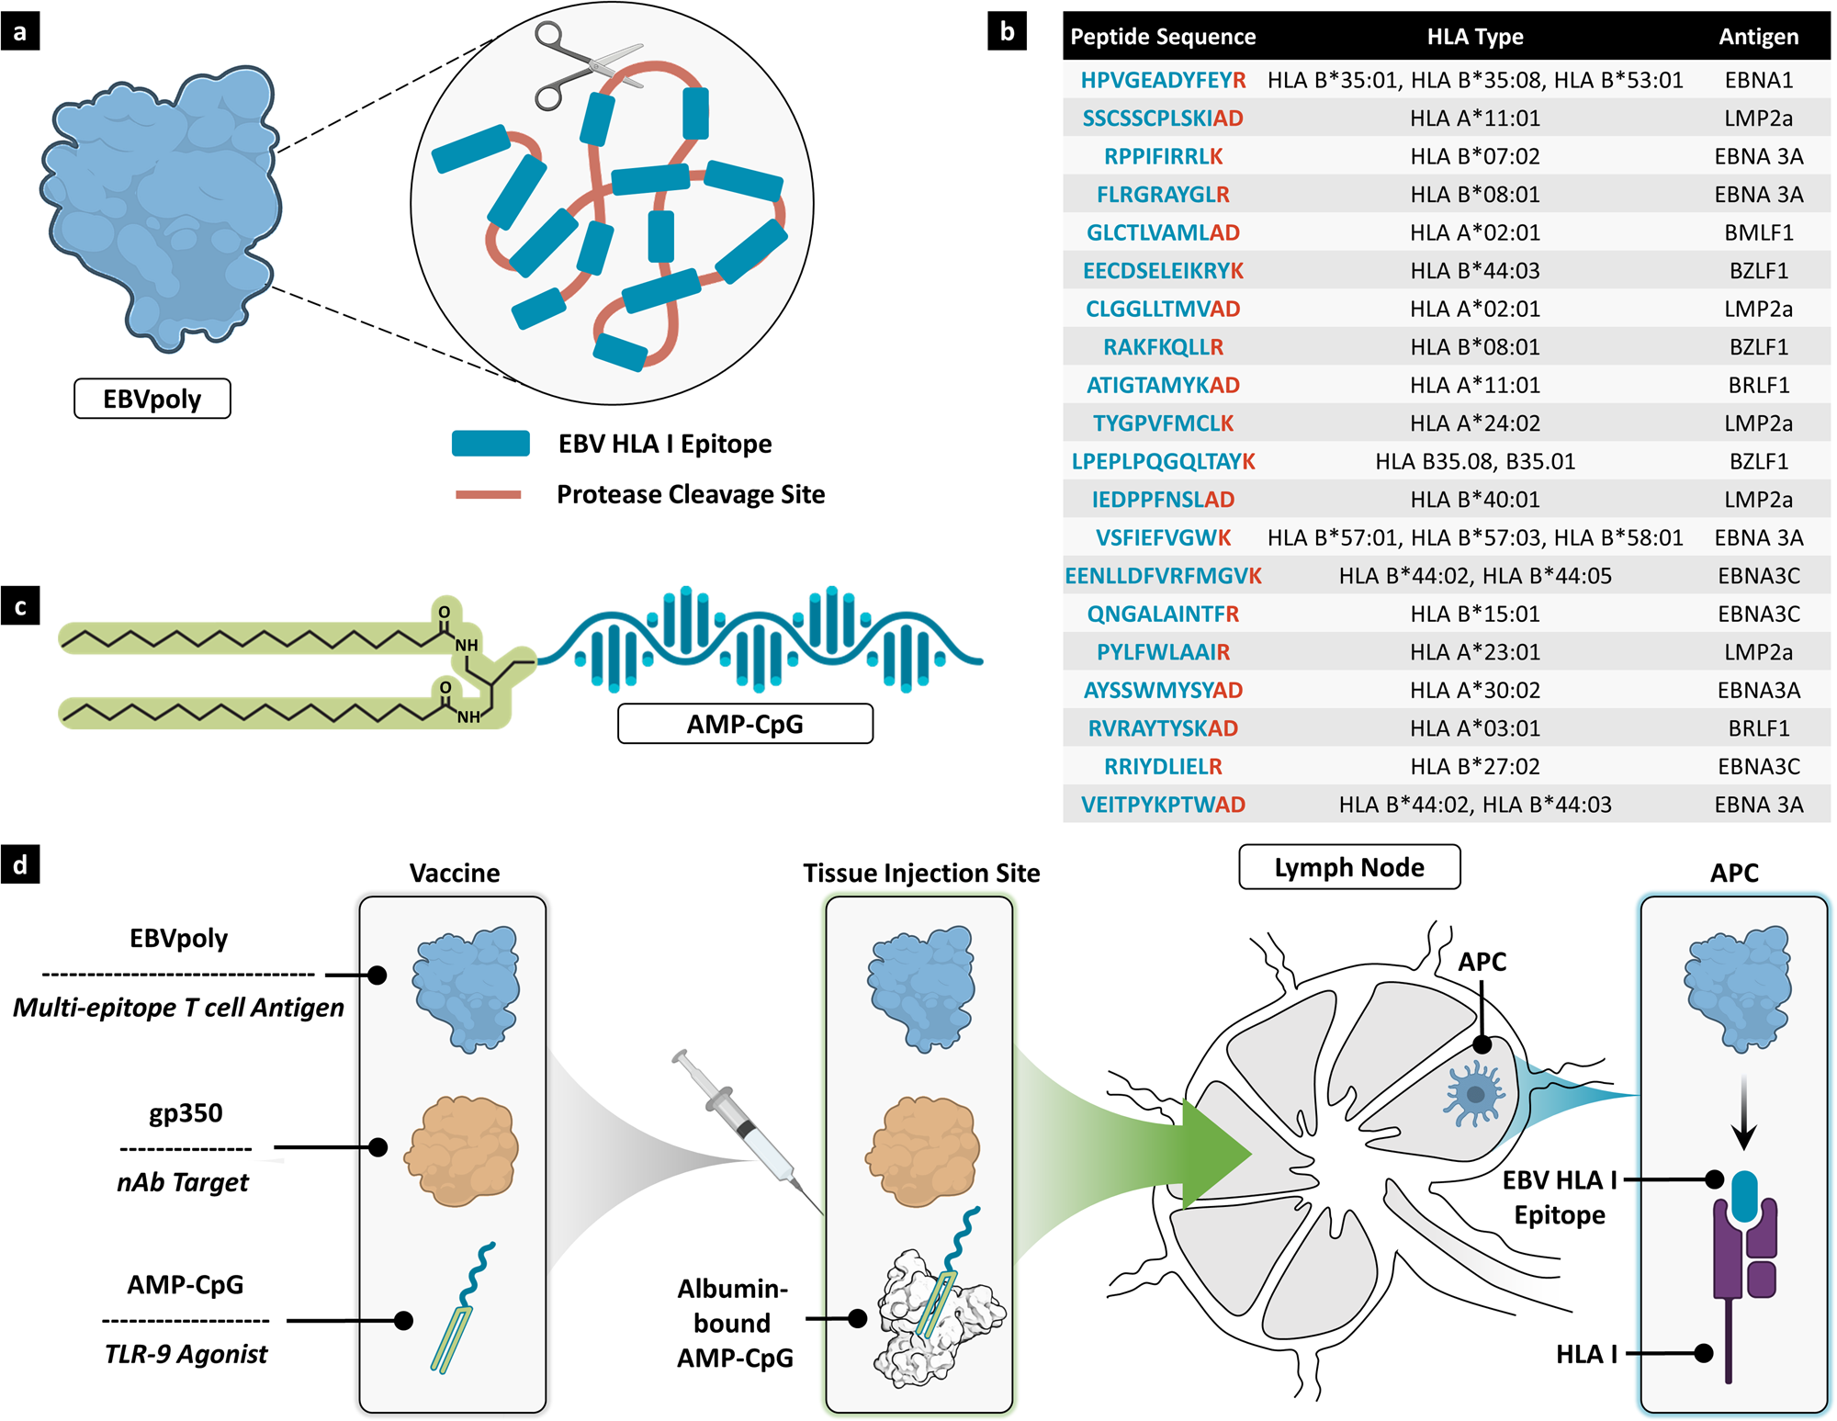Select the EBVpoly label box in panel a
(x=152, y=399)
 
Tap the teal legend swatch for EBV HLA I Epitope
(x=490, y=444)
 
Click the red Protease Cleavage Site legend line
(x=489, y=495)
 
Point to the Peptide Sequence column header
(x=1163, y=37)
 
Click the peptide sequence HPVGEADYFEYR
(x=1163, y=80)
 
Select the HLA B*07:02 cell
(x=1474, y=156)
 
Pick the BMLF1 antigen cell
(x=1758, y=232)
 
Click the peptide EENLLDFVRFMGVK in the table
(x=1163, y=576)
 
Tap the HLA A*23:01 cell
(x=1474, y=652)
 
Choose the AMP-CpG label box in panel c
(x=745, y=724)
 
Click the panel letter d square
(x=20, y=864)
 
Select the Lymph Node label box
(x=1349, y=867)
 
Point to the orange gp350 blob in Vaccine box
(x=462, y=1151)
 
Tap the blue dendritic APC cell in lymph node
(x=1475, y=1093)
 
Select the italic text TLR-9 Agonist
(x=186, y=1354)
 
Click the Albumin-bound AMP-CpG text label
(x=733, y=1323)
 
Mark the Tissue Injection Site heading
(x=921, y=873)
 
